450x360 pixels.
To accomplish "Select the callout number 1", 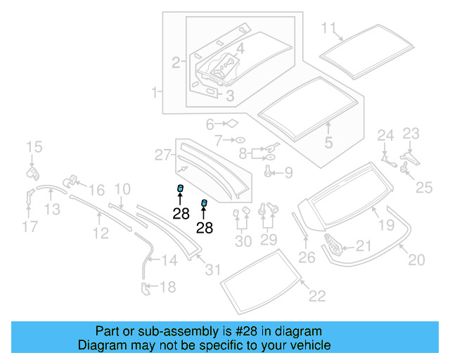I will pyautogui.click(x=155, y=92).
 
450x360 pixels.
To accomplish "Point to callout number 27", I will pyautogui.click(x=162, y=155).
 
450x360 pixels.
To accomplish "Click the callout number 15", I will pyautogui.click(x=34, y=147).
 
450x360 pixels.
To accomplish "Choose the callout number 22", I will pyautogui.click(x=317, y=296).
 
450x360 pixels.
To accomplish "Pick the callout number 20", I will pyautogui.click(x=416, y=260).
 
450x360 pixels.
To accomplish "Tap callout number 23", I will pyautogui.click(x=411, y=133).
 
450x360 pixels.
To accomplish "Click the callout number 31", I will pyautogui.click(x=212, y=268).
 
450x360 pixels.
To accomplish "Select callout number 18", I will pyautogui.click(x=167, y=286).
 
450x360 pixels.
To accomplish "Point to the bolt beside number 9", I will pyautogui.click(x=269, y=171).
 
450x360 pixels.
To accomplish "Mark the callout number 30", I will pyautogui.click(x=243, y=241).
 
